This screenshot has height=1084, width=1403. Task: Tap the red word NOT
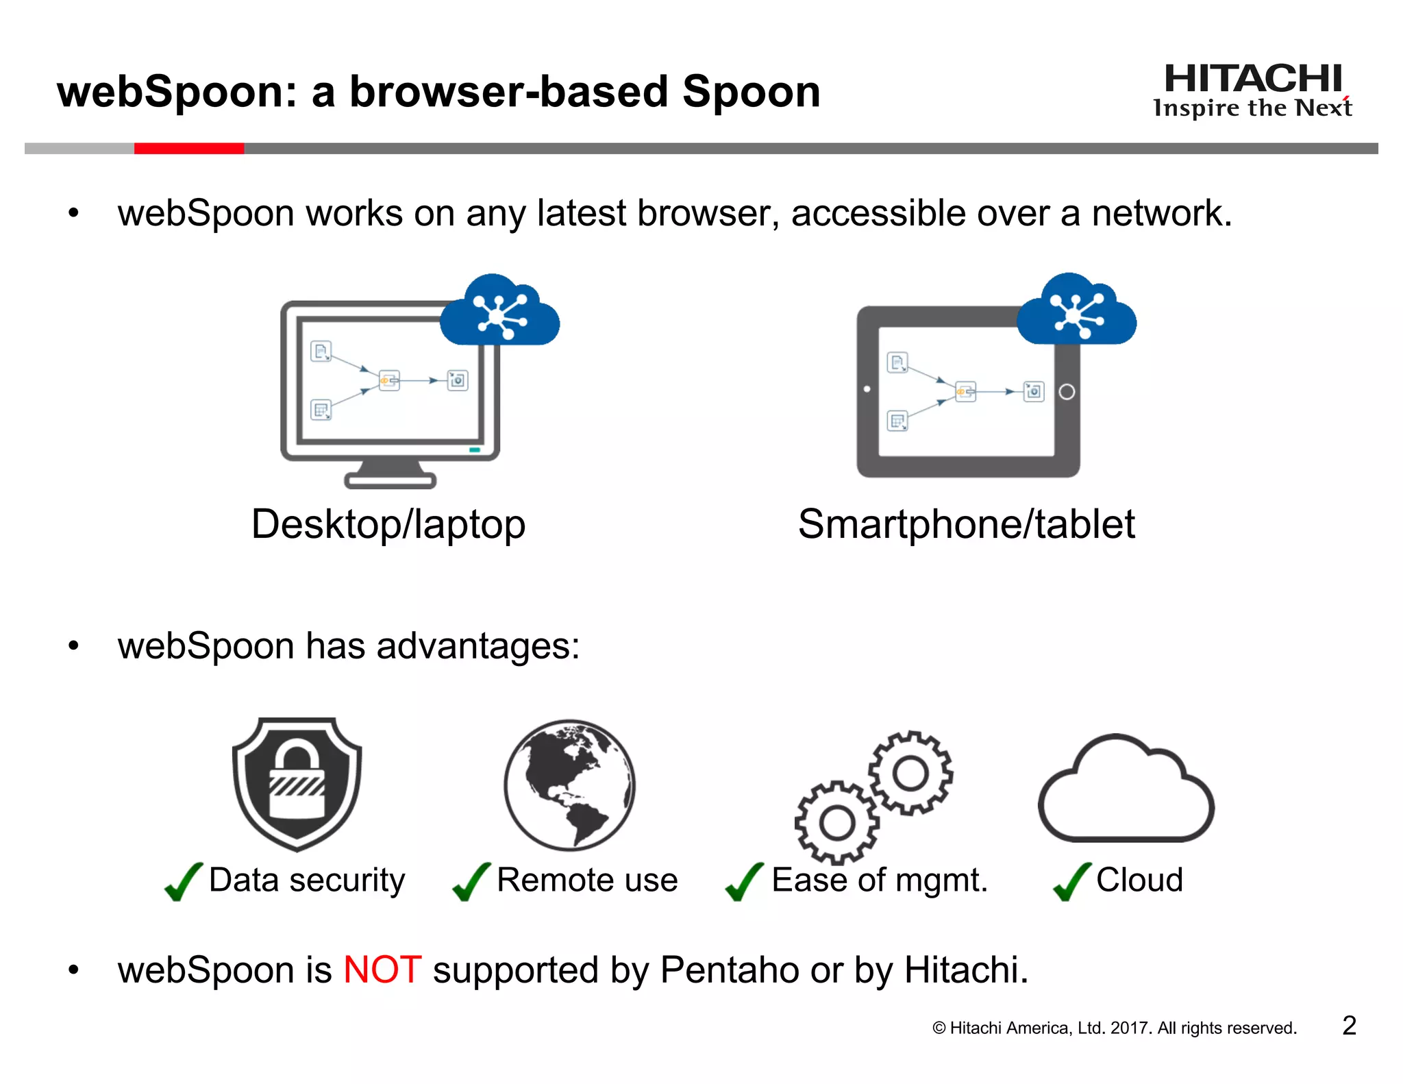(x=382, y=970)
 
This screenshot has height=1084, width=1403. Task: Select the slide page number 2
(x=1349, y=1026)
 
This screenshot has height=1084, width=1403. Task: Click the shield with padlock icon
(x=297, y=783)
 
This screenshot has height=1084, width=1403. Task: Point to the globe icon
(x=569, y=785)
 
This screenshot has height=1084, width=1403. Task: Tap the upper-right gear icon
(x=910, y=773)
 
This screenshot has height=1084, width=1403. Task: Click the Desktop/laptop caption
(x=388, y=524)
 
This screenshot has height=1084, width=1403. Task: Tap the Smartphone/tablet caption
(x=966, y=524)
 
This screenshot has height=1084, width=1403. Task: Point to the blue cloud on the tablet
(x=1076, y=312)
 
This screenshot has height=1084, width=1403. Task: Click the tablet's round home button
(x=1067, y=392)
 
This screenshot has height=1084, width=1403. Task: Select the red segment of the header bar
(x=189, y=149)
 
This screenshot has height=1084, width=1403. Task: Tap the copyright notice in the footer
(x=1115, y=1028)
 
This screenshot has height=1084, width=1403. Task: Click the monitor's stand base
(x=390, y=481)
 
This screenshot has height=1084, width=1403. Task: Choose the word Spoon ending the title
(x=752, y=92)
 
